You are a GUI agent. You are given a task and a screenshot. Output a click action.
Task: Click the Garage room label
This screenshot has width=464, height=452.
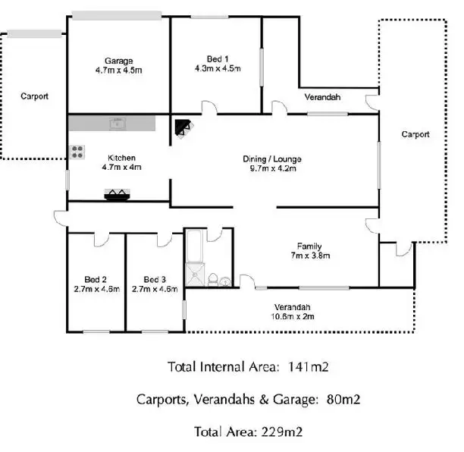tap(119, 61)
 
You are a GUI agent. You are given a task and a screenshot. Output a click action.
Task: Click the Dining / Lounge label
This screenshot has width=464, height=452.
tap(272, 159)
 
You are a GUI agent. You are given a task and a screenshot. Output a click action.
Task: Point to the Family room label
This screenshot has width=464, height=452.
tap(309, 246)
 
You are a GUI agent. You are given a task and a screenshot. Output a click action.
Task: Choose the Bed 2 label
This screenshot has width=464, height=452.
tap(97, 278)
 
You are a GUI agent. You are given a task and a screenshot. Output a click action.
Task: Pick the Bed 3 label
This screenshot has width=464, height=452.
tap(154, 278)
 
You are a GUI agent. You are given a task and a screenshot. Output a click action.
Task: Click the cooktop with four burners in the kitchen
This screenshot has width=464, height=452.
tap(77, 152)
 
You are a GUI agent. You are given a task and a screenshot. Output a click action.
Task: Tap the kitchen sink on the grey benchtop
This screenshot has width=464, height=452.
tap(118, 122)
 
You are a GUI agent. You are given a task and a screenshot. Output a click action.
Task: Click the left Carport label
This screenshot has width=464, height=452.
tap(35, 96)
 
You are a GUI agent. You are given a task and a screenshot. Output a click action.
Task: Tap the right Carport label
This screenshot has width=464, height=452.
tap(415, 134)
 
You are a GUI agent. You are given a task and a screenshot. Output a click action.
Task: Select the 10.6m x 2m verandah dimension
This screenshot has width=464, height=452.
tap(293, 317)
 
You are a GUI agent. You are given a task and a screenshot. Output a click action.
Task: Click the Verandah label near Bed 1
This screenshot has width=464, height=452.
tap(322, 98)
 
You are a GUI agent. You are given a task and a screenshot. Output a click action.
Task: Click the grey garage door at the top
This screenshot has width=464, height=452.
tap(116, 14)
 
